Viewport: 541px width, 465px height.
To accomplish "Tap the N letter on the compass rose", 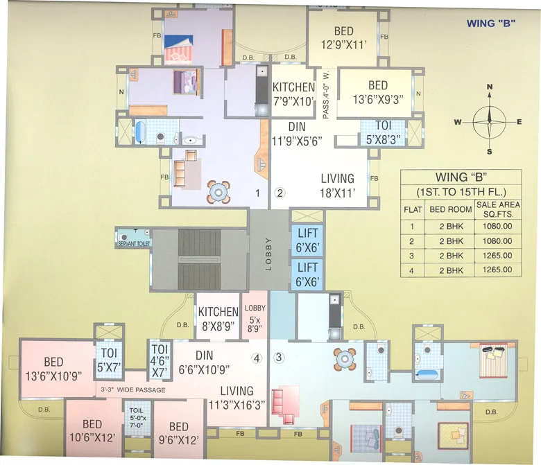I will point(490,87).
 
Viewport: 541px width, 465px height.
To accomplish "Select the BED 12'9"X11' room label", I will point(343,37).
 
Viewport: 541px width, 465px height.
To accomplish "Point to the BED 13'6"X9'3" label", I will point(378,92).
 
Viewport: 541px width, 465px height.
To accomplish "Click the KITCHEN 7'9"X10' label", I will point(293,94).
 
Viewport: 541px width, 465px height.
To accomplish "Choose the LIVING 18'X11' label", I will point(338,185).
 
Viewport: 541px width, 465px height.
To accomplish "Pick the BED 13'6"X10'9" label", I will point(53,368).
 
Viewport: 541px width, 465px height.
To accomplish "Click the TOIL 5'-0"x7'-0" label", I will point(136,418).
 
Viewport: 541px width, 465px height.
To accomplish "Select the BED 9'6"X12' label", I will point(178,432).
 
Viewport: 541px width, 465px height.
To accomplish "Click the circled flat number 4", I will point(257,358).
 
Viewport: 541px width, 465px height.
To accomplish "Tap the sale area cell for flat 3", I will point(495,256).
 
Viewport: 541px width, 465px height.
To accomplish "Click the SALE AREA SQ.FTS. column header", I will point(495,209).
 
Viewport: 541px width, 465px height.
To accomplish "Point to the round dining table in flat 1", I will point(218,191).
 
